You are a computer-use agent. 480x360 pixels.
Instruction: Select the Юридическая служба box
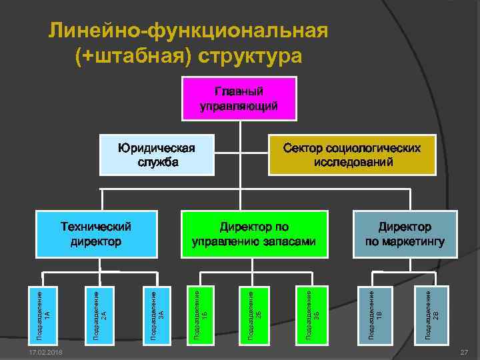pos(156,155)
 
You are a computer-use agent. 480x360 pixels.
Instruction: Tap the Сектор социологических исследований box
pos(351,155)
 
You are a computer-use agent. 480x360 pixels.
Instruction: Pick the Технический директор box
pos(96,234)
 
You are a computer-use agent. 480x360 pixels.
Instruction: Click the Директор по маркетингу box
pos(405,234)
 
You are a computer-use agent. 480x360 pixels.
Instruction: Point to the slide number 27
pos(464,351)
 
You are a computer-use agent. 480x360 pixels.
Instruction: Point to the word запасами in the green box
pos(289,241)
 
